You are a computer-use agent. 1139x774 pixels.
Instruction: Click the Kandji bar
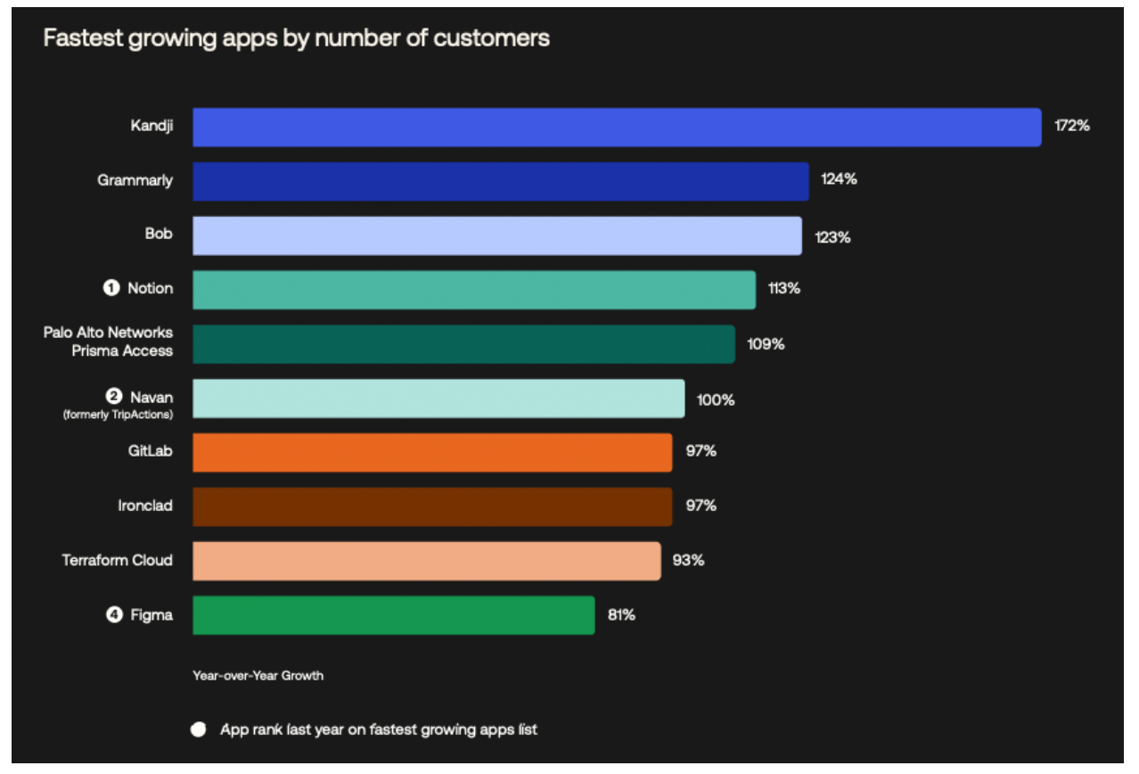(x=617, y=127)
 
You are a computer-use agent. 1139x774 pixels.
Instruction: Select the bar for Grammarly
(x=501, y=181)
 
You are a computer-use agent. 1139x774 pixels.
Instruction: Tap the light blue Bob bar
(x=497, y=235)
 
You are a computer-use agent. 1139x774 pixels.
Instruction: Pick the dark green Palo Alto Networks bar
(x=463, y=344)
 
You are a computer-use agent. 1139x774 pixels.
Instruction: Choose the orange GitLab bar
(x=432, y=452)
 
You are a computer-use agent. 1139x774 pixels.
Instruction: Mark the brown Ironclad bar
(x=432, y=506)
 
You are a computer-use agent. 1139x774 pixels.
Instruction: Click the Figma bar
(x=393, y=615)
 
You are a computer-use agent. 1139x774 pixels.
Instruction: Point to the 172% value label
(x=1071, y=126)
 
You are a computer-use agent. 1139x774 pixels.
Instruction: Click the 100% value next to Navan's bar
(x=716, y=399)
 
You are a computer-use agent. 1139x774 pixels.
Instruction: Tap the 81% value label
(x=621, y=614)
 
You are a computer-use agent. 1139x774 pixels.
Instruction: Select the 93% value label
(x=688, y=560)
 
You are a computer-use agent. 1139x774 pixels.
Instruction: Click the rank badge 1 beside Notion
(x=111, y=288)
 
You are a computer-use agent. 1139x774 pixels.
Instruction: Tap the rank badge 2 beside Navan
(x=114, y=397)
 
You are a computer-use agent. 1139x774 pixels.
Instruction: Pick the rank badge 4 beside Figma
(x=114, y=614)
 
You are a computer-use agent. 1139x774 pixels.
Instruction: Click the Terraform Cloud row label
(x=117, y=560)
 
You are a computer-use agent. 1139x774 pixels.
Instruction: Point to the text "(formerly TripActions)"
(x=118, y=415)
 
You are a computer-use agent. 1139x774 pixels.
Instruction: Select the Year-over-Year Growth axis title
(x=258, y=675)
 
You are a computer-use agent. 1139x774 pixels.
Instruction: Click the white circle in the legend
(x=198, y=730)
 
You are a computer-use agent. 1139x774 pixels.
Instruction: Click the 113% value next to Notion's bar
(x=783, y=289)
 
